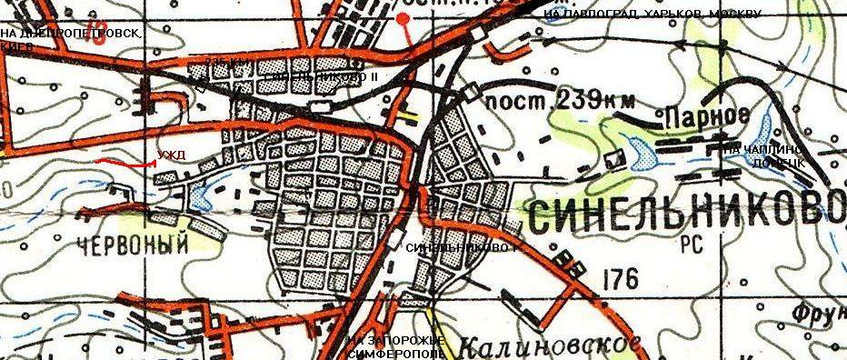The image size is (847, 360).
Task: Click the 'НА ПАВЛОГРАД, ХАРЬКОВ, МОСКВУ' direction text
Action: click(650, 15)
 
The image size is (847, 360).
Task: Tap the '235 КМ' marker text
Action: click(226, 62)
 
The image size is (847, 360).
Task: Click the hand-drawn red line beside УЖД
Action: click(125, 165)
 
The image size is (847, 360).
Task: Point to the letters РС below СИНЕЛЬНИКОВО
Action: click(683, 245)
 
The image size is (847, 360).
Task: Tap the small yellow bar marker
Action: click(413, 116)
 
